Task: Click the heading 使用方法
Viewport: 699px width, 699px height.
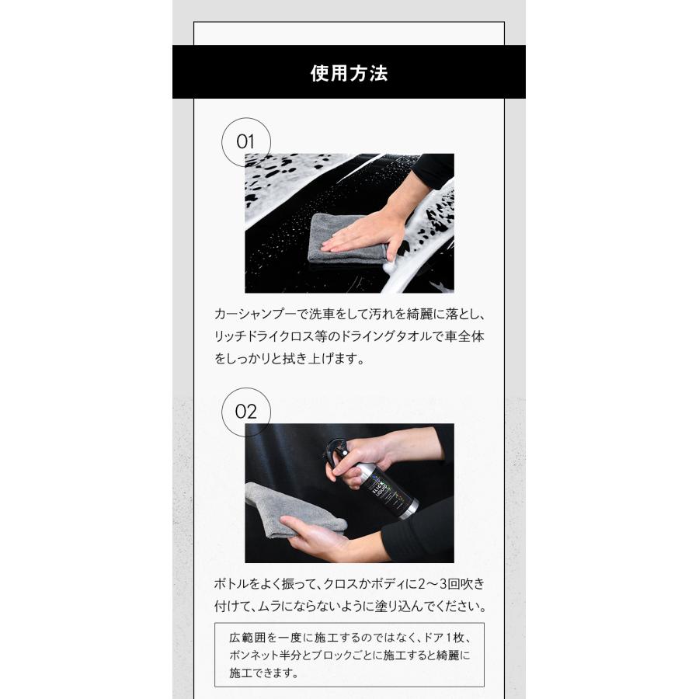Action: point(349,73)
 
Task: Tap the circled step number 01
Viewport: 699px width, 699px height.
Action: point(245,142)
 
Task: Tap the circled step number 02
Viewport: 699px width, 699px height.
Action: point(245,411)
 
